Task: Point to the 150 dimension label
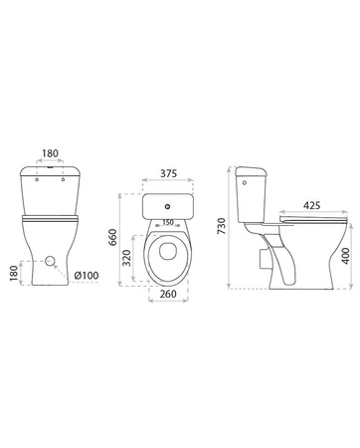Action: [x=168, y=222]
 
